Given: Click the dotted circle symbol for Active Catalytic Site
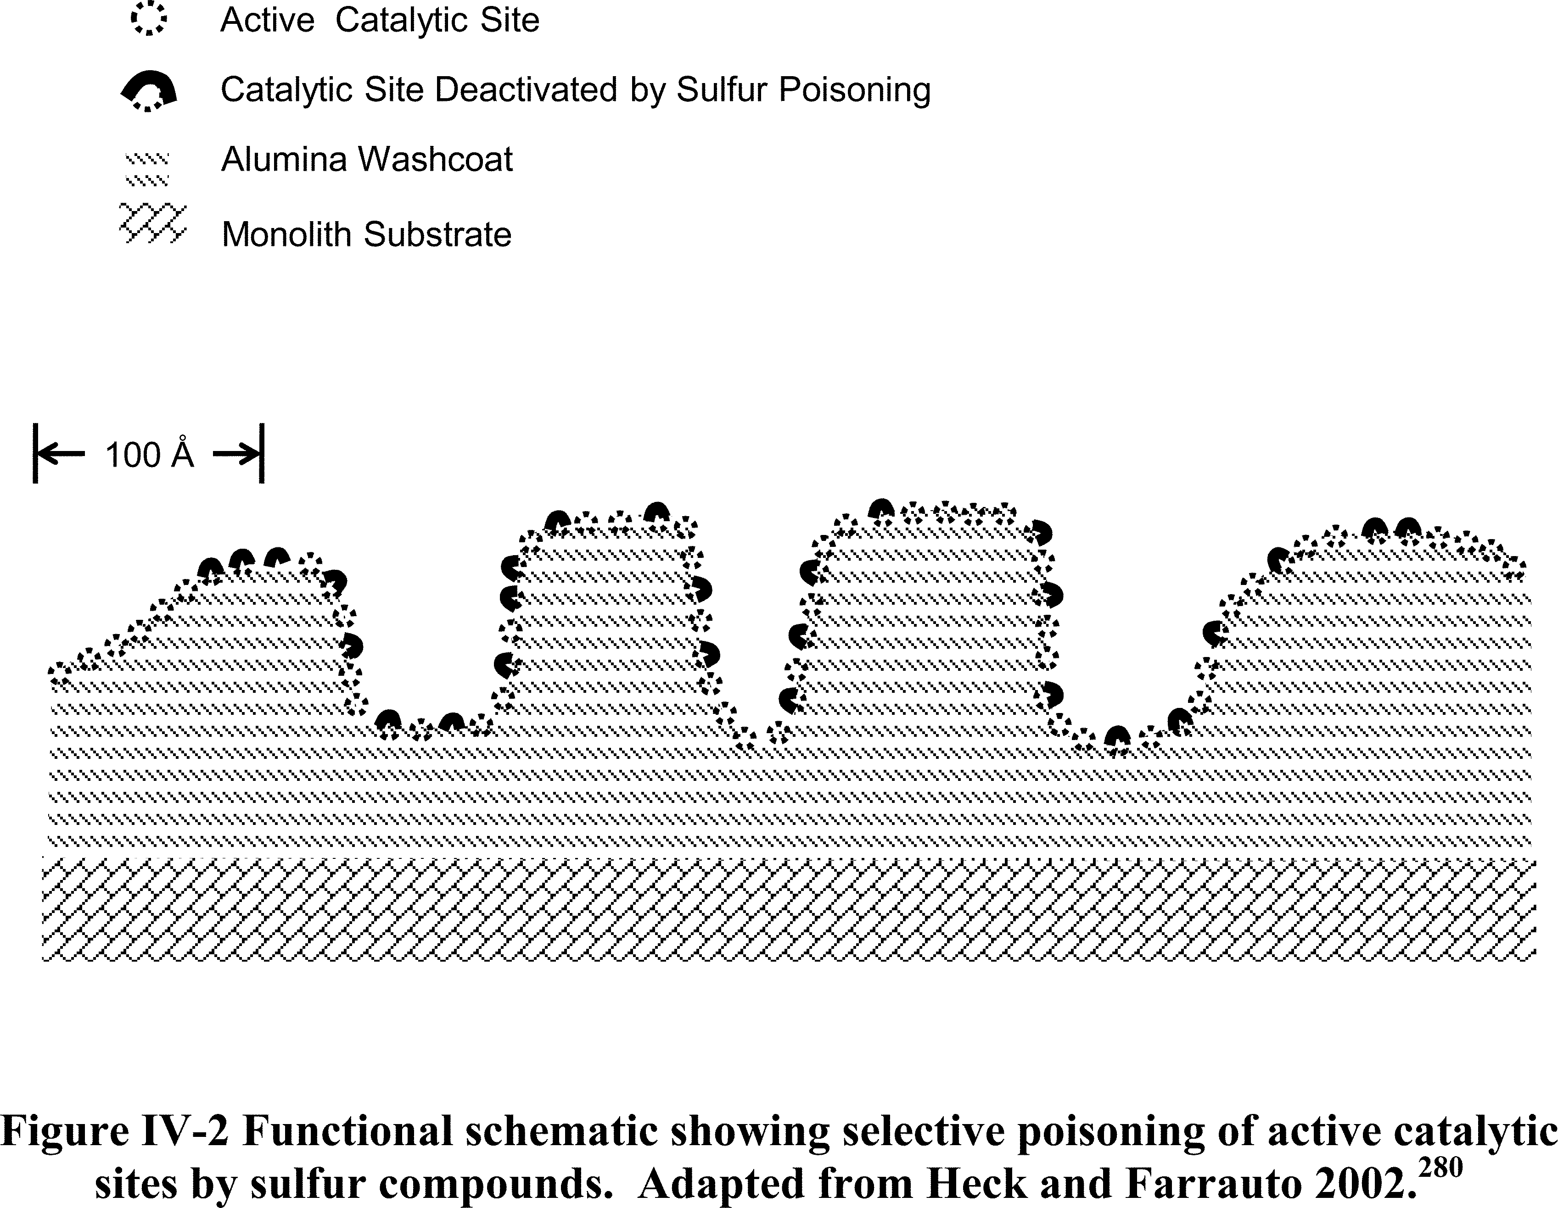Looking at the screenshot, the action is pyautogui.click(x=148, y=19).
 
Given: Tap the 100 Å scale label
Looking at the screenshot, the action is pyautogui.click(x=150, y=454).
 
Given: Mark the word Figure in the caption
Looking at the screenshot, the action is pyautogui.click(x=64, y=1132).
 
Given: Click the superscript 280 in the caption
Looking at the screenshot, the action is pyautogui.click(x=1440, y=1167).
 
